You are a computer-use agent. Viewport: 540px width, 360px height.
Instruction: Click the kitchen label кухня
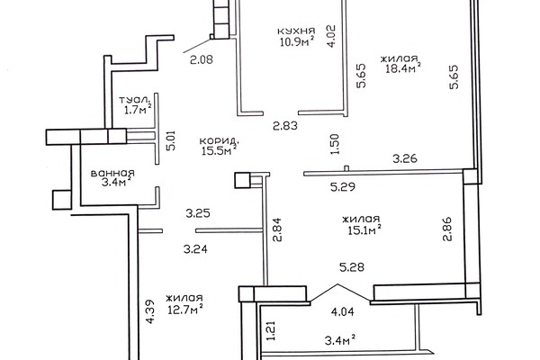coord(296,31)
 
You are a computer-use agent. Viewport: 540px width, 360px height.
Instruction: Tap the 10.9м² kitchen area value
coord(296,41)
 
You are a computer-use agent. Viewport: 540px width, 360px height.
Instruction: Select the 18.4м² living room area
coord(403,68)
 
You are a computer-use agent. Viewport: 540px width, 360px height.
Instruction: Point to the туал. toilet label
coord(135,100)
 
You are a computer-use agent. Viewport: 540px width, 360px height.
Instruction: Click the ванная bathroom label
coord(112,174)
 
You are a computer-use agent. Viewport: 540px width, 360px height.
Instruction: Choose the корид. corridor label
coord(219,141)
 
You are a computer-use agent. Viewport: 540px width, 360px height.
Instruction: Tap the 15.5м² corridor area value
coord(219,151)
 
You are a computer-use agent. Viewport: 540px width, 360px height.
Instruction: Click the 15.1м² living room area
coord(364,229)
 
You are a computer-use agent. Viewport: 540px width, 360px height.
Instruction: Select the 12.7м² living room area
coord(184,310)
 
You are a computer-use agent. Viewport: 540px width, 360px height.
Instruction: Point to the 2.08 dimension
coord(202,60)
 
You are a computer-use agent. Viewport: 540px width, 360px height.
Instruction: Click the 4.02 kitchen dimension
coord(331,36)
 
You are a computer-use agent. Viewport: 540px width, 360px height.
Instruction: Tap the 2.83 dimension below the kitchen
coord(285,126)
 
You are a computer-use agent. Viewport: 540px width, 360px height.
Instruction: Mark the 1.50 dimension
coord(335,144)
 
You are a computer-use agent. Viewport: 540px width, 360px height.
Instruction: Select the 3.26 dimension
coord(405,158)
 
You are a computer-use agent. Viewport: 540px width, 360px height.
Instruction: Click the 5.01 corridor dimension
coord(170,140)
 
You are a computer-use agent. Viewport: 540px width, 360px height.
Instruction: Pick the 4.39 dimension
coord(150,311)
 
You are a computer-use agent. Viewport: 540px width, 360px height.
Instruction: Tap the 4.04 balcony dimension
coord(342,312)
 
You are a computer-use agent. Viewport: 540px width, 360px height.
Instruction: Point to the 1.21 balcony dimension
coord(272,330)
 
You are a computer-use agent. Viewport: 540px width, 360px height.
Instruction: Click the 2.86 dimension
coord(447,229)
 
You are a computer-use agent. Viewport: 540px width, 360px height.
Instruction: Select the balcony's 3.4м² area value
coord(340,341)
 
